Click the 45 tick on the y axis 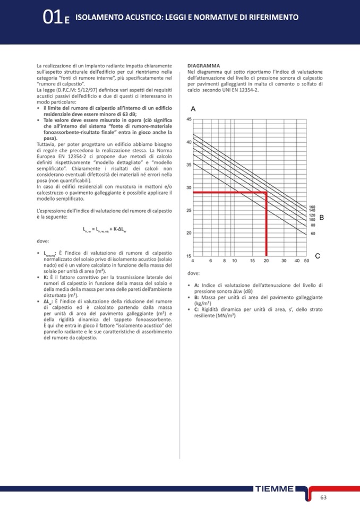tap(188, 119)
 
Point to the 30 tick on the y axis tap(188, 187)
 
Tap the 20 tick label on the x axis tap(266, 261)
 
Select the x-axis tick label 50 tap(306, 261)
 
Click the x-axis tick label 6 tap(211, 261)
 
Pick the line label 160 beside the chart tap(312, 207)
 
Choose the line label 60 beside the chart tap(313, 233)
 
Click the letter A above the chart tap(193, 108)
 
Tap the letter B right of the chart tap(321, 218)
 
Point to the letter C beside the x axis tap(317, 256)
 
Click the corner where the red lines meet tap(266, 192)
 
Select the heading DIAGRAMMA tap(204, 66)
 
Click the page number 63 tap(323, 497)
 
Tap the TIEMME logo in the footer tap(274, 488)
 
